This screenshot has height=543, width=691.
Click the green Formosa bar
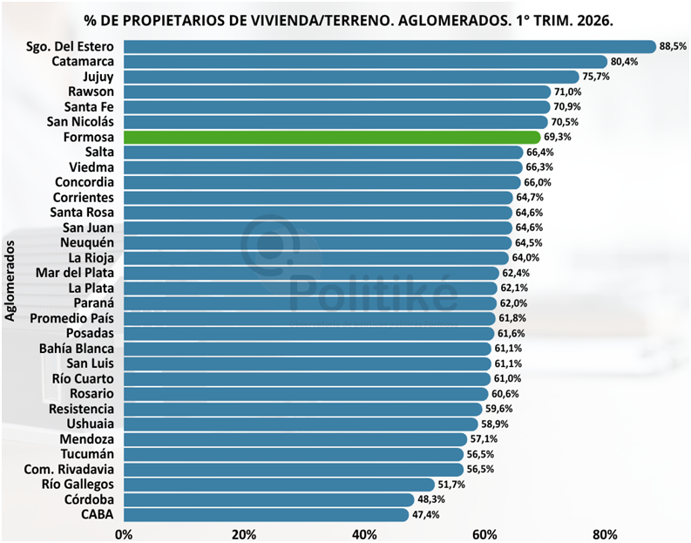coord(332,137)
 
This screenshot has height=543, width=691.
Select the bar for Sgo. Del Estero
coord(390,47)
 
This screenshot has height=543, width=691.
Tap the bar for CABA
coord(266,515)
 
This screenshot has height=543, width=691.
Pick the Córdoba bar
coord(269,499)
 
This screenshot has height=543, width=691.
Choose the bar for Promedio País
coord(310,318)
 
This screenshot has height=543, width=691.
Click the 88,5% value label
coord(673,46)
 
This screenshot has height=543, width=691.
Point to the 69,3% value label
coord(558,137)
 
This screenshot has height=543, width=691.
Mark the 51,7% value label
coord(451,485)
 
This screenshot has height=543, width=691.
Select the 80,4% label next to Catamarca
coord(624,62)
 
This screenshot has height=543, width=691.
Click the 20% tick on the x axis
coord(244,534)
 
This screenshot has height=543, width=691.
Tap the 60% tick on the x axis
coord(484,534)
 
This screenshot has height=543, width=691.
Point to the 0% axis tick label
coord(124,534)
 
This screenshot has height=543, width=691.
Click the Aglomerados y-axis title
coord(10,281)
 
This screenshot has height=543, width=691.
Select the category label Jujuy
coord(98,77)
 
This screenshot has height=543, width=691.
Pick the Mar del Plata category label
coord(75,273)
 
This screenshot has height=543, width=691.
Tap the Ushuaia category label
coord(91,424)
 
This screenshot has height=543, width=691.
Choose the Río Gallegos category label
coord(78,485)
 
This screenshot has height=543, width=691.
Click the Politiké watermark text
coord(373,293)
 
